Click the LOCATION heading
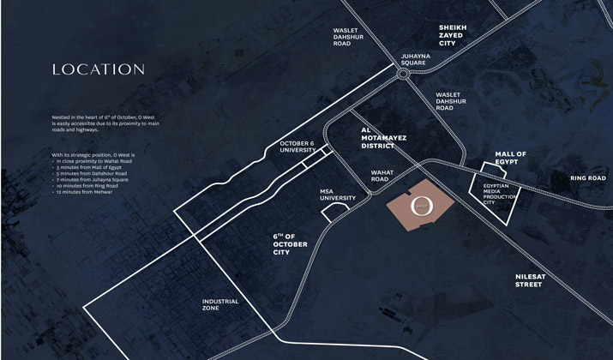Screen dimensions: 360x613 pyautogui.click(x=98, y=69)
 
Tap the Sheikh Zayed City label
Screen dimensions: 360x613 pyautogui.click(x=453, y=35)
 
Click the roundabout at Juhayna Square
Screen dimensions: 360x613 pyautogui.click(x=403, y=75)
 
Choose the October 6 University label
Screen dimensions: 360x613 pyautogui.click(x=297, y=147)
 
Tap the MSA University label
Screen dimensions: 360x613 pyautogui.click(x=338, y=195)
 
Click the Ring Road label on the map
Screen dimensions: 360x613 pyautogui.click(x=588, y=178)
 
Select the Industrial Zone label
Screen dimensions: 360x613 pyautogui.click(x=220, y=304)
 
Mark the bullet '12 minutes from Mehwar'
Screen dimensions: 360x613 pyautogui.click(x=84, y=192)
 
